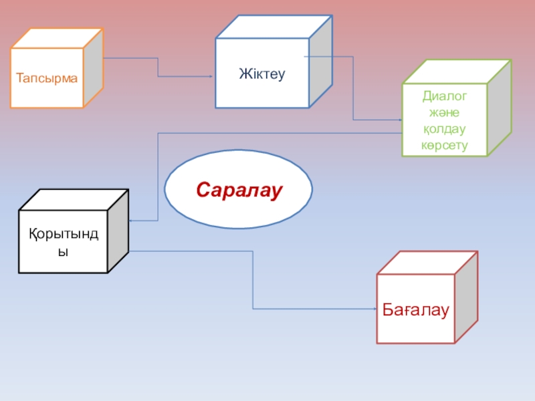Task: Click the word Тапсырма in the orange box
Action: (47, 78)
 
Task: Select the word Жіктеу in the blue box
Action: (262, 74)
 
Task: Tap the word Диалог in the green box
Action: (444, 96)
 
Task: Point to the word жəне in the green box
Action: (444, 112)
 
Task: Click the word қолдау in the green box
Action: (444, 129)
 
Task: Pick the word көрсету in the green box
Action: (444, 145)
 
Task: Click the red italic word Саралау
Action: (239, 190)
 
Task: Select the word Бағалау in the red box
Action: (415, 309)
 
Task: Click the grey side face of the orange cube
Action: (93, 68)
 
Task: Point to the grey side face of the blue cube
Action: (320, 61)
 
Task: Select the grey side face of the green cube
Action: (499, 108)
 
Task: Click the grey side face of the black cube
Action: (118, 231)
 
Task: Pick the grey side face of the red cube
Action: (466, 297)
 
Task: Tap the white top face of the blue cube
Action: (274, 27)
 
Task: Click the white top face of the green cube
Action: (457, 72)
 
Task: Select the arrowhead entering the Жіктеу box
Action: (211, 76)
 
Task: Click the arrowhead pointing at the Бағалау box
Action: (374, 309)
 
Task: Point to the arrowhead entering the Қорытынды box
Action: (130, 221)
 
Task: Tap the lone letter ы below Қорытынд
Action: (63, 253)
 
